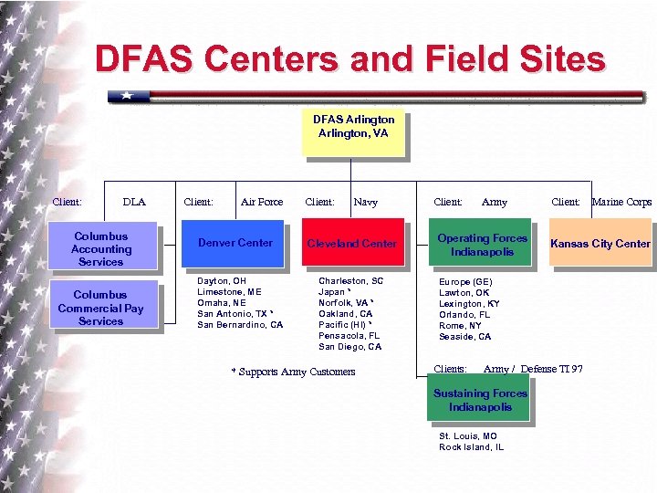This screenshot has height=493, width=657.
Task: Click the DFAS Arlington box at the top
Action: pyautogui.click(x=353, y=132)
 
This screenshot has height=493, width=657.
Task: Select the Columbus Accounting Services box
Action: pyautogui.click(x=101, y=249)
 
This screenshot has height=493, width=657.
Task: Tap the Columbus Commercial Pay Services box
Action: pyautogui.click(x=101, y=309)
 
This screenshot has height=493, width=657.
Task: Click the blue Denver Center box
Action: pyautogui.click(x=235, y=243)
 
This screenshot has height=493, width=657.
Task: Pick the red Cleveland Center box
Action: pyautogui.click(x=352, y=244)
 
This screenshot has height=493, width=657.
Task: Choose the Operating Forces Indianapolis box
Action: pyautogui.click(x=482, y=245)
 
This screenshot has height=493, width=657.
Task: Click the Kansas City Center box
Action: pyautogui.click(x=600, y=244)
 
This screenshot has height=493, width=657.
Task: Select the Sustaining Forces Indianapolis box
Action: pyautogui.click(x=480, y=400)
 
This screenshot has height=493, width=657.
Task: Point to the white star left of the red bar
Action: pyautogui.click(x=127, y=95)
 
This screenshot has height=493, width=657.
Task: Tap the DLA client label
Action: pyautogui.click(x=133, y=202)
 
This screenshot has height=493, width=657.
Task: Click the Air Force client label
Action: pyautogui.click(x=262, y=202)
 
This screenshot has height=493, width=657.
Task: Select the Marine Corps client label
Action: pyautogui.click(x=621, y=202)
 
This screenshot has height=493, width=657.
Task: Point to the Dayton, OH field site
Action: pyautogui.click(x=222, y=281)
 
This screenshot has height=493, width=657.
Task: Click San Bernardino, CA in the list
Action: pyautogui.click(x=240, y=325)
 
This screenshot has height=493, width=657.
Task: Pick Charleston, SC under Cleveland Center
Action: pyautogui.click(x=350, y=281)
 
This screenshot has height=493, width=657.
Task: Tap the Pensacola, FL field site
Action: pyautogui.click(x=349, y=336)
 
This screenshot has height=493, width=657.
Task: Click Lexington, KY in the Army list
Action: pyautogui.click(x=468, y=304)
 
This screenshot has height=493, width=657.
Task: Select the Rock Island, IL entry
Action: pyautogui.click(x=471, y=447)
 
